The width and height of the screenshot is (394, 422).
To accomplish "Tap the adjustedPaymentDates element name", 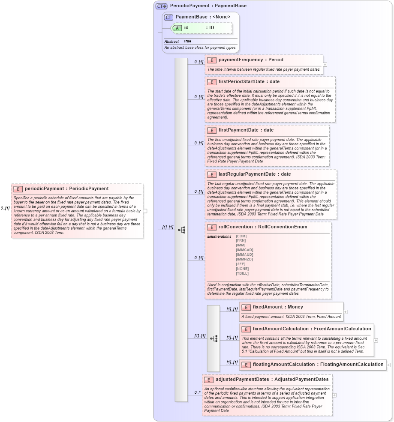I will coord(243,379).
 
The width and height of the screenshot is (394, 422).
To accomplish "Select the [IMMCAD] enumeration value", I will coord(244,250).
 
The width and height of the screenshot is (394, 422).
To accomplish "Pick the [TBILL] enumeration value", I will coord(242,273).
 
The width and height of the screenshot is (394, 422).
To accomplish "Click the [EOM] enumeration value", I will coord(241,236).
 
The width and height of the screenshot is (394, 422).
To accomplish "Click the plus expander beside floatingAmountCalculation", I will coord(388,365).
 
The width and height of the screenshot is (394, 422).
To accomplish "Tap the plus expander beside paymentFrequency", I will coord(325,65).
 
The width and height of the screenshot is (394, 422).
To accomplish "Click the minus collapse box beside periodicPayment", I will coord(145,211).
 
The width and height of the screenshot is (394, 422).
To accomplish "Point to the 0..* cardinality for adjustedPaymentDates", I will coord(197,392).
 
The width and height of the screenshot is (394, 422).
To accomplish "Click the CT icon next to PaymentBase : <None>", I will coord(168,17).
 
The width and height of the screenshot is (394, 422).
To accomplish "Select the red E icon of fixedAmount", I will coord(246,307).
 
